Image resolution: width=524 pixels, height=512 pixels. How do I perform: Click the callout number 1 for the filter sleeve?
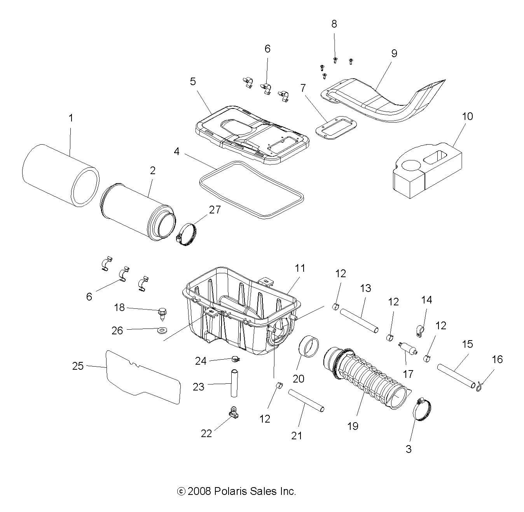[x=71, y=118]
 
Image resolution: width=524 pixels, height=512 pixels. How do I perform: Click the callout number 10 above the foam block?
[x=468, y=116]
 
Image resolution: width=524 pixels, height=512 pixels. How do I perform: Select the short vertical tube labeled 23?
[x=234, y=383]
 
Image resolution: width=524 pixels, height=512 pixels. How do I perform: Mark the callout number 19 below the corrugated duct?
[x=353, y=426]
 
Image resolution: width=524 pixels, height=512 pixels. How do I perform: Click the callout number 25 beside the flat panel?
[x=78, y=366]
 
